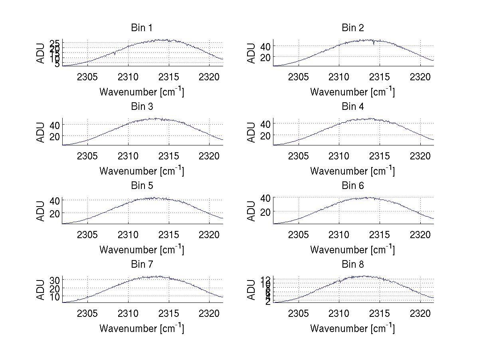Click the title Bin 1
(142, 28)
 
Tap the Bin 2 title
(353, 28)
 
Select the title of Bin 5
(142, 186)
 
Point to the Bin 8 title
(353, 265)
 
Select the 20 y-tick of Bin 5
(55, 213)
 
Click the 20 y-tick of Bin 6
(265, 212)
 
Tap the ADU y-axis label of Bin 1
(41, 53)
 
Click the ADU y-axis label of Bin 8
(251, 290)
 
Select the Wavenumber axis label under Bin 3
(142, 171)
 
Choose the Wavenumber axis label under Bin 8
(353, 328)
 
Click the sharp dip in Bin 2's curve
(374, 43)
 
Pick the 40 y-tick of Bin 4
(265, 124)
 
